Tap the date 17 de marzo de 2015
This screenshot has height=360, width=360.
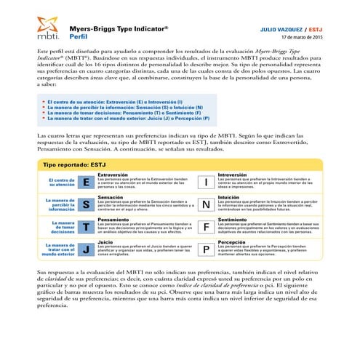click(x=301, y=37)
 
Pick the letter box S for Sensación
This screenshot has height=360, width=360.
click(x=86, y=204)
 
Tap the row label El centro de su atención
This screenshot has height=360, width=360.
click(x=60, y=182)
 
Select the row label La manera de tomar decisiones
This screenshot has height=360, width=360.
click(x=60, y=227)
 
